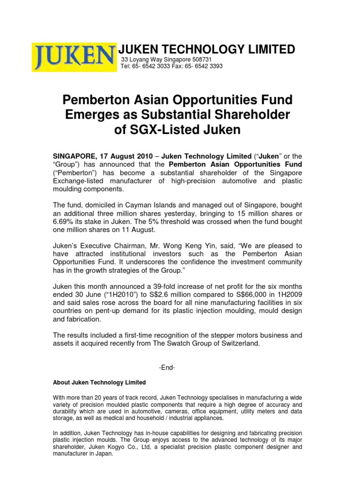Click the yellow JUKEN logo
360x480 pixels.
point(74,57)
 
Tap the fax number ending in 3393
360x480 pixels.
point(211,66)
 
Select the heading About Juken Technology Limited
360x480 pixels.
point(99,382)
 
